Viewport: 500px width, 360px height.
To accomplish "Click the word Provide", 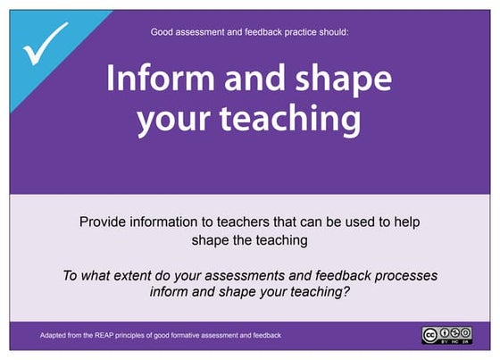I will click(104, 220).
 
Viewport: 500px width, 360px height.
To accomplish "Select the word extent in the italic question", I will click(146, 275).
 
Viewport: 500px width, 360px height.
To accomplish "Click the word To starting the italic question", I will click(71, 275).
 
